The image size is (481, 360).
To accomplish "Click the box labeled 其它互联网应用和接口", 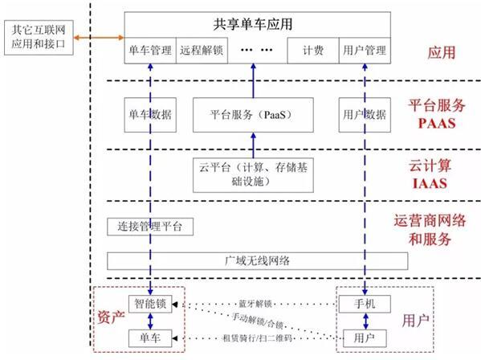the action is [x=39, y=38].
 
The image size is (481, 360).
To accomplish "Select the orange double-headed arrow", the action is [x=99, y=38].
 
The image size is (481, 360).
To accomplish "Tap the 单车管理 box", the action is [x=150, y=51].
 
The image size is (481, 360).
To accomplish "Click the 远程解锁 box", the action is [x=202, y=51].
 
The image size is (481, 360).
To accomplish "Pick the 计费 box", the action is [x=313, y=51].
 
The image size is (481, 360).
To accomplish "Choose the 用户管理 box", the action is [x=365, y=51].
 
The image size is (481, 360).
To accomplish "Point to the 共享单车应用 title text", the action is [x=253, y=24].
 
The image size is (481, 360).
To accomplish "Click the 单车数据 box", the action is [x=150, y=115].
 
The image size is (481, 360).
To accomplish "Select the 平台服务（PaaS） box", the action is [x=253, y=115].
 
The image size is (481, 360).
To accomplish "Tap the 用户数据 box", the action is [x=365, y=115].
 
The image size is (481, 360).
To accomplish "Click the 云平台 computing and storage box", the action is [x=253, y=175].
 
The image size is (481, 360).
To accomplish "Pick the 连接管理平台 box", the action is [x=150, y=227].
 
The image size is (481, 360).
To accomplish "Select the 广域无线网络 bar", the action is [x=258, y=261].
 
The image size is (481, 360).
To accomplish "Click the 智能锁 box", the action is [x=150, y=304].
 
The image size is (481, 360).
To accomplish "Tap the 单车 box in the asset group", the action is [x=150, y=338].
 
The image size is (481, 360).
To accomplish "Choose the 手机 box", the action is [x=365, y=304].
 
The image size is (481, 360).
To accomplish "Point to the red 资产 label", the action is [x=111, y=317].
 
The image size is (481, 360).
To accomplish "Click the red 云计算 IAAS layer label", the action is [x=430, y=174].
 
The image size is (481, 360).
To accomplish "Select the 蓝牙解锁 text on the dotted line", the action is [x=255, y=304].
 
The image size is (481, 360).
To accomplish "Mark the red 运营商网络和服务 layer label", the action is [x=430, y=230].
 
